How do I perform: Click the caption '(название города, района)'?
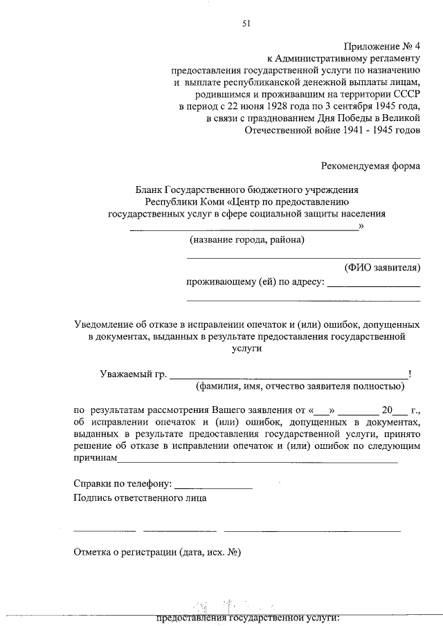pyautogui.click(x=247, y=240)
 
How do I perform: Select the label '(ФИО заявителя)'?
pyautogui.click(x=382, y=267)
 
